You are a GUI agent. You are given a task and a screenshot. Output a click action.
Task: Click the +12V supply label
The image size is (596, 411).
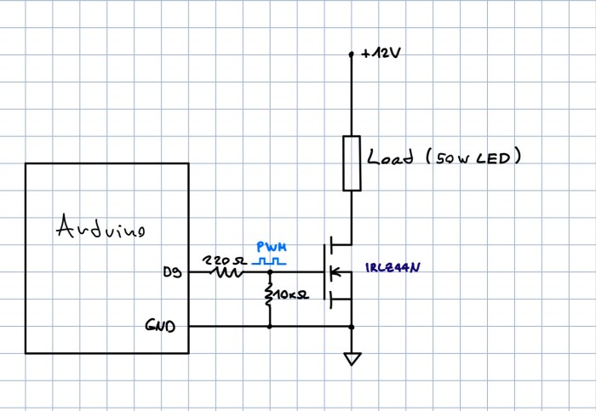[381, 53]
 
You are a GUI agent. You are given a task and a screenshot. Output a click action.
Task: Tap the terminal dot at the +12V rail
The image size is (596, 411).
[351, 54]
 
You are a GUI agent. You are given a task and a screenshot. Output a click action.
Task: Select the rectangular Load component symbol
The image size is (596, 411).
[352, 163]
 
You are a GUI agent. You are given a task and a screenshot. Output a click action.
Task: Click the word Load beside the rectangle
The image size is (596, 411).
[390, 156]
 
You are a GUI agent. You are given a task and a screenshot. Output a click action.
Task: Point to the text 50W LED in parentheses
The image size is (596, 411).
[473, 157]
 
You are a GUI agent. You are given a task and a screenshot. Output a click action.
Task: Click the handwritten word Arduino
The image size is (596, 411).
[100, 226]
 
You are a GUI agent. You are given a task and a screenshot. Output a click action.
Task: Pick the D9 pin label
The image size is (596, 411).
[172, 272]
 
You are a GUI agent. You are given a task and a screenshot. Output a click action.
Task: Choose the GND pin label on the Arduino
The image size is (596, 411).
[160, 326]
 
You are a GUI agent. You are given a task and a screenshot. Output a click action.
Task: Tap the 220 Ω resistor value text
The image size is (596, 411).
[225, 260]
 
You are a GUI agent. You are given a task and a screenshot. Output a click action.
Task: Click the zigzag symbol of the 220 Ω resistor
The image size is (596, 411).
[227, 272]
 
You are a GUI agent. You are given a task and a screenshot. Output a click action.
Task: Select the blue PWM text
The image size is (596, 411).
[272, 248]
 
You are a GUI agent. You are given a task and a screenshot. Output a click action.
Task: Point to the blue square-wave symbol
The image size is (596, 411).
[269, 261]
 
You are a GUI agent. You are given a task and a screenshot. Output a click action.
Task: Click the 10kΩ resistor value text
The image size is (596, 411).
[291, 294]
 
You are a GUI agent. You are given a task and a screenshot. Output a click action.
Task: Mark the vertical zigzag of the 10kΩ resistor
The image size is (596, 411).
[270, 294]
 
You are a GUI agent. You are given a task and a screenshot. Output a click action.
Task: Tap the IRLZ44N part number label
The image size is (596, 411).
[393, 267]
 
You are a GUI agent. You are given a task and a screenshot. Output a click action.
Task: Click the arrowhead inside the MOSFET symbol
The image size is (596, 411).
[335, 271]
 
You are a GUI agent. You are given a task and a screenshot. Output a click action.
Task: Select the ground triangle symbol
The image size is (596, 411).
[352, 359]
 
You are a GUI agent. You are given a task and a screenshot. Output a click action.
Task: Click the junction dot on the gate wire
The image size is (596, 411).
[270, 272]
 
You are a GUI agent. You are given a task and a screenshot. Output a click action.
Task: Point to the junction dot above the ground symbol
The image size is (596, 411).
[352, 327]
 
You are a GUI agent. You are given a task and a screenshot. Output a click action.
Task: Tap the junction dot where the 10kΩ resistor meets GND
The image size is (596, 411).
[270, 326]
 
